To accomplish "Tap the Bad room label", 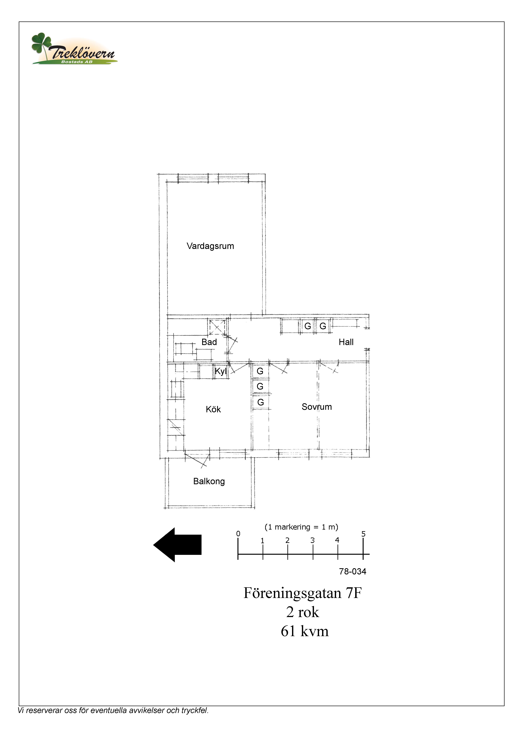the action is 209,342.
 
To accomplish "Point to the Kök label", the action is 213,409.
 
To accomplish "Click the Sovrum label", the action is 317,407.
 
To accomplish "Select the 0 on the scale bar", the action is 238,534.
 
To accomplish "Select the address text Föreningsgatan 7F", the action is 302,593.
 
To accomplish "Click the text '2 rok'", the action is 303,612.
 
